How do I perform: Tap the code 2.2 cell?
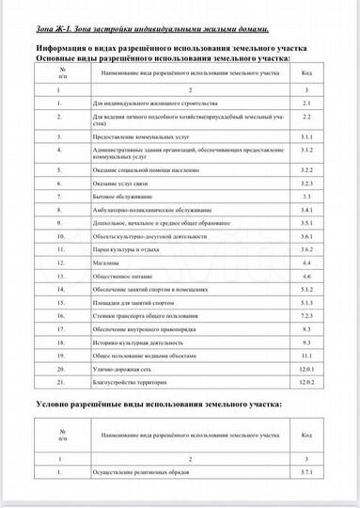(306, 119)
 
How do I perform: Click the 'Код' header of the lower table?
(306, 437)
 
